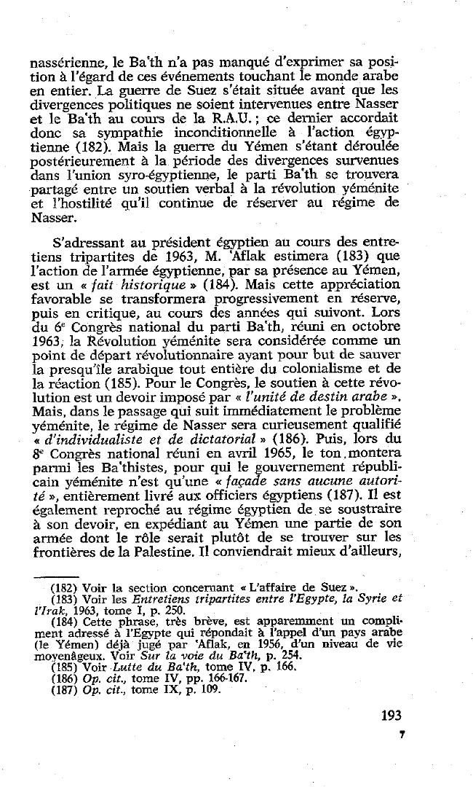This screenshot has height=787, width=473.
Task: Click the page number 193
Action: pyautogui.click(x=391, y=715)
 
